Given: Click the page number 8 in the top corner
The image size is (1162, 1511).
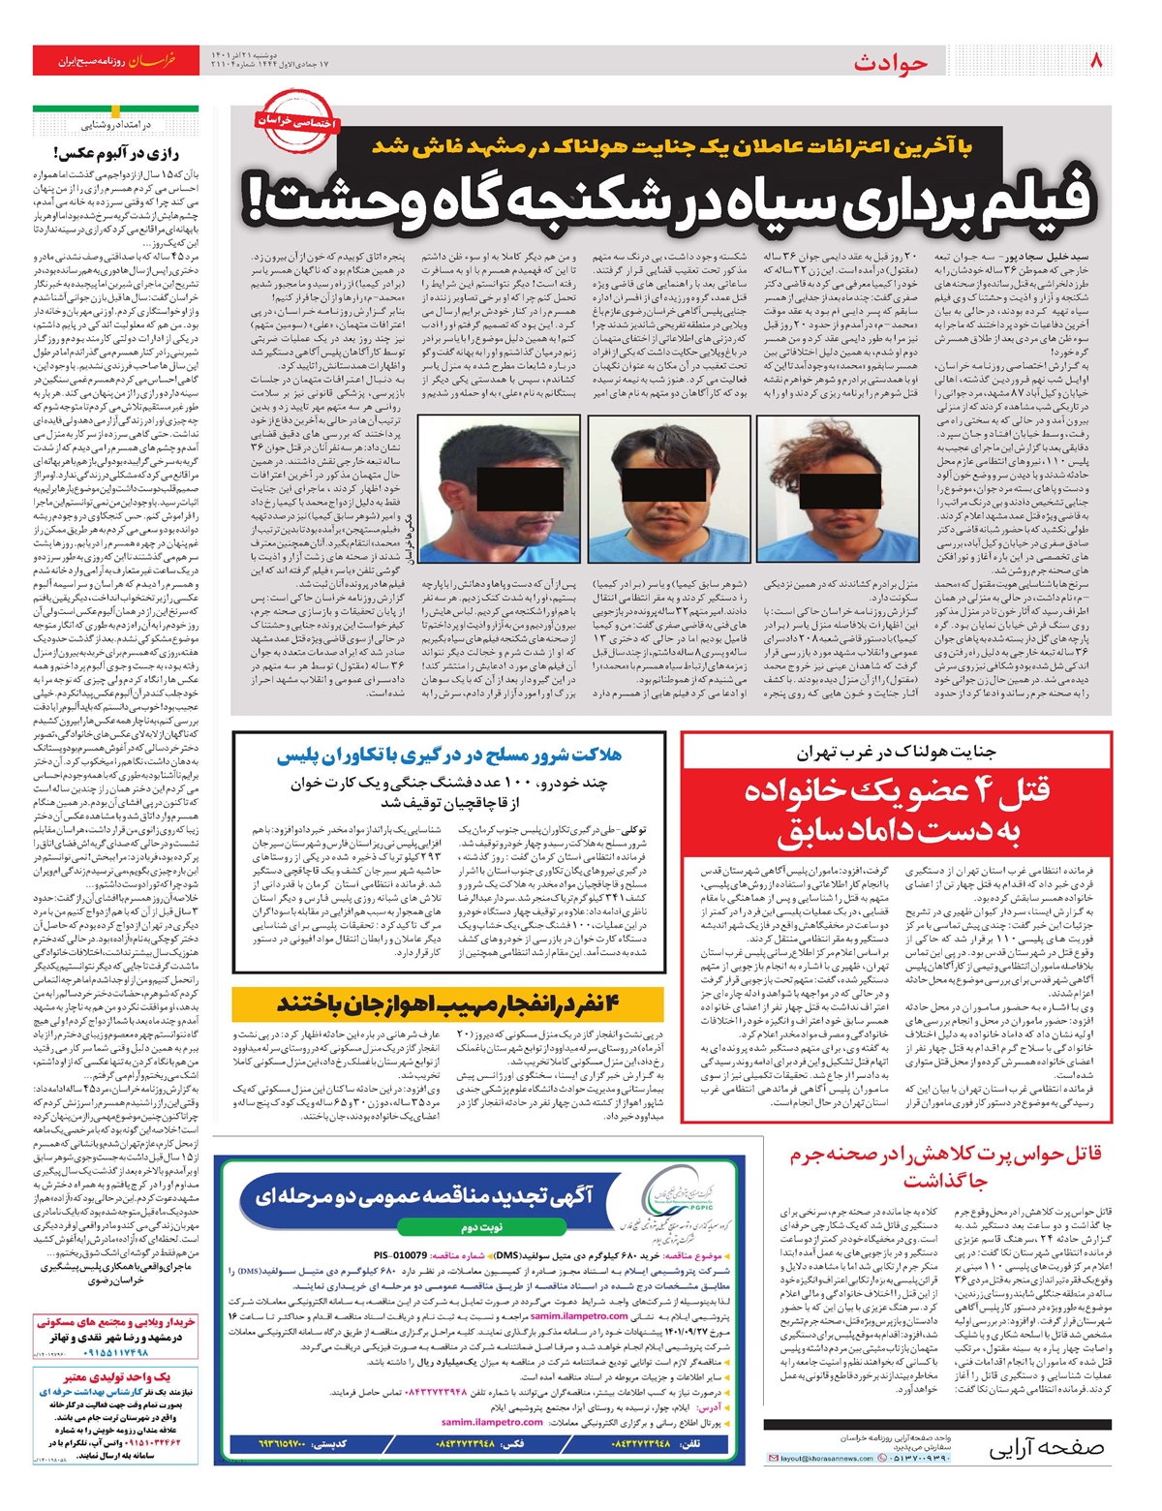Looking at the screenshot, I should click(1096, 60).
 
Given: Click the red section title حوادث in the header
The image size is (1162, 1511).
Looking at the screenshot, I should click(890, 63).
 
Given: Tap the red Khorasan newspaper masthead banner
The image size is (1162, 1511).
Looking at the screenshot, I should click(115, 60).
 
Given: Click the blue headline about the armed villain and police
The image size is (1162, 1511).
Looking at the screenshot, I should click(449, 755).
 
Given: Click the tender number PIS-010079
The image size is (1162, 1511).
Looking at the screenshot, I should click(392, 1255).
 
